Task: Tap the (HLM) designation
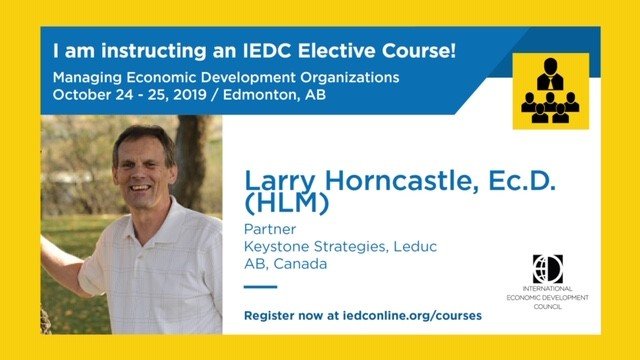click(x=277, y=204)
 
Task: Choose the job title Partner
click(x=267, y=229)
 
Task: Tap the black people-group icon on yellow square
click(x=549, y=90)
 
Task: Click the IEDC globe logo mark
click(x=547, y=269)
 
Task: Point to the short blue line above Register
click(x=260, y=287)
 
